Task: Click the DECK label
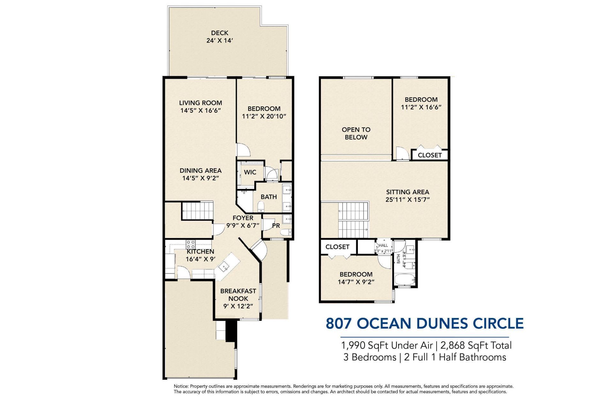(219, 33)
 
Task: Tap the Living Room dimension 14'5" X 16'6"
(201, 111)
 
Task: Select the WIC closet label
(250, 172)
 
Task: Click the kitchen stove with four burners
(191, 244)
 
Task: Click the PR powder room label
(276, 226)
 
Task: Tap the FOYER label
(243, 218)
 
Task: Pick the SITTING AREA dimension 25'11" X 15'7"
(407, 200)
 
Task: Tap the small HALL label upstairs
(383, 245)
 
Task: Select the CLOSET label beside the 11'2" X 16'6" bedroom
(430, 155)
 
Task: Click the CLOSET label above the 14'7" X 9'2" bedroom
(337, 247)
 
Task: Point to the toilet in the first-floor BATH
(261, 208)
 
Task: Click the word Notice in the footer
(181, 386)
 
